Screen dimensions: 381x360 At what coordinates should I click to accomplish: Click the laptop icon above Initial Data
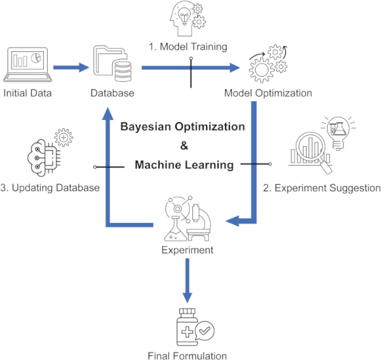[27, 65]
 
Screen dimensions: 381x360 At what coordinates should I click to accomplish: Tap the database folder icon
[112, 63]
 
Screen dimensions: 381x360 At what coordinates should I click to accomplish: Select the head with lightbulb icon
[188, 18]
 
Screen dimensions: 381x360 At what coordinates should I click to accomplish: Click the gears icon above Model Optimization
[268, 63]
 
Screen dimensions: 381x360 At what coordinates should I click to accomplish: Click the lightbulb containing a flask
[338, 133]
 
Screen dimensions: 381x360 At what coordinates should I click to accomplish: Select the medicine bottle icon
[187, 327]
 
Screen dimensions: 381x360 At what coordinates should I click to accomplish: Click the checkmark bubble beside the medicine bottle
[204, 331]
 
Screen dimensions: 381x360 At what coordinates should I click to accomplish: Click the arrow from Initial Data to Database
[71, 67]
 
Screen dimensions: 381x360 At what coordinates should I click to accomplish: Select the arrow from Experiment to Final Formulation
[187, 281]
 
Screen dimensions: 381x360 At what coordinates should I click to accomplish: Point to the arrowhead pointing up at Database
[108, 113]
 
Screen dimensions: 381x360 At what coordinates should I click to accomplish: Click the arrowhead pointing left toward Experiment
[232, 221]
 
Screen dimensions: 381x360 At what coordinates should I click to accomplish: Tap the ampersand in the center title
[184, 146]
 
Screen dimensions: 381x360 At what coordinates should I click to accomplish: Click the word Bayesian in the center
[146, 127]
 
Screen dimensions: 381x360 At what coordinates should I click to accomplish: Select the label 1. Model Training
[188, 46]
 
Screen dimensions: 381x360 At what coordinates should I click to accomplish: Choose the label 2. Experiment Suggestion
[322, 188]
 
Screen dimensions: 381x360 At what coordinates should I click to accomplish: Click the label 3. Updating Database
[50, 188]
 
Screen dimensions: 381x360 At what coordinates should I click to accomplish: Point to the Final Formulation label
[187, 356]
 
